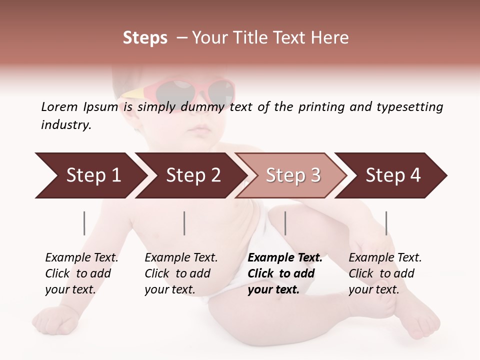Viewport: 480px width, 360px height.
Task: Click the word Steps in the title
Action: tap(145, 38)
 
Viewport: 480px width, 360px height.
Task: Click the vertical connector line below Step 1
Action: tap(84, 223)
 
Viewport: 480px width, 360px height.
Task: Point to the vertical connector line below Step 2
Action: tap(184, 223)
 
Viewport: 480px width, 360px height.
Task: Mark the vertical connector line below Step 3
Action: tap(285, 223)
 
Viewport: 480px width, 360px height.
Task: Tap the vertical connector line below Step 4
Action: tap(386, 223)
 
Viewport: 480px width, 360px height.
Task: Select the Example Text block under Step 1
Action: tap(81, 273)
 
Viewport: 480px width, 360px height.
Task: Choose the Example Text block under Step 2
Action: tap(181, 273)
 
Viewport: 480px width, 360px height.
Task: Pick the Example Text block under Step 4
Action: tap(385, 273)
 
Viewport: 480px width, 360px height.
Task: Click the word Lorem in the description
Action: tap(59, 106)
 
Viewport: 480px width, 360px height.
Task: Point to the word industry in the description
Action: tap(66, 124)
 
